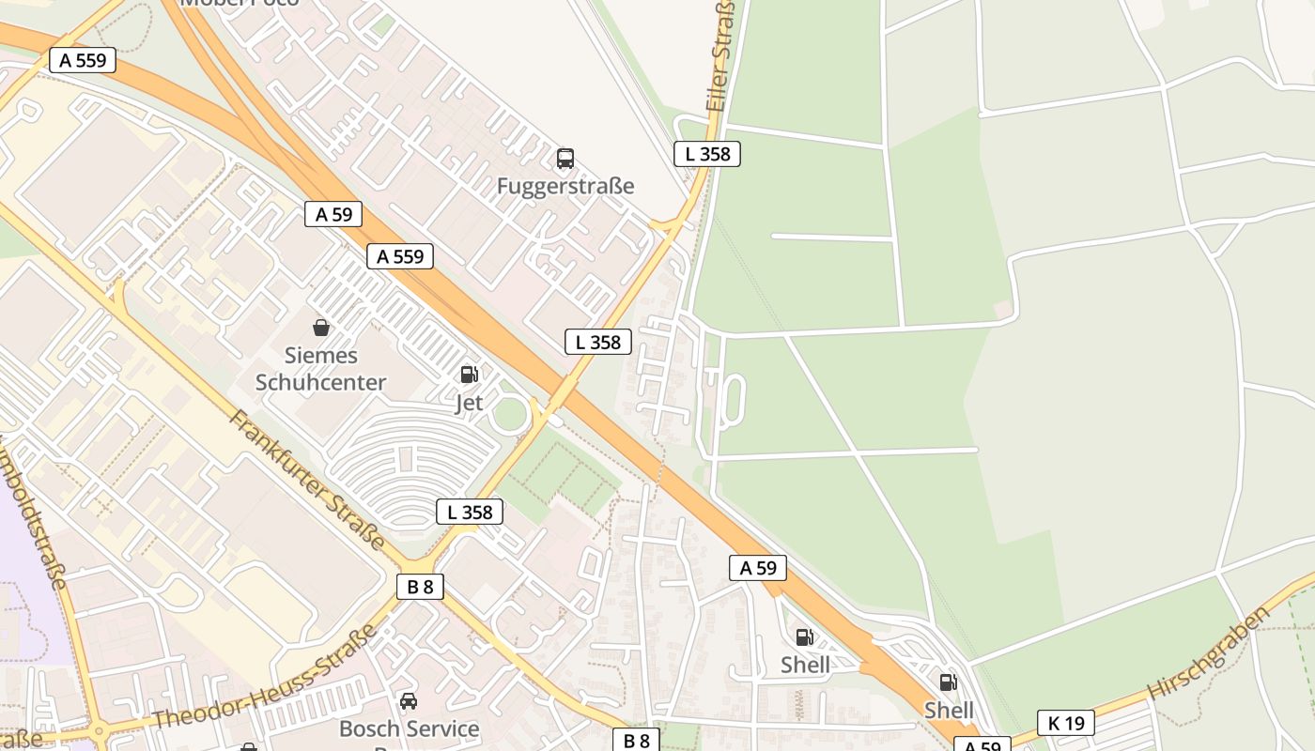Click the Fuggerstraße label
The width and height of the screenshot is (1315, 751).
coord(565,186)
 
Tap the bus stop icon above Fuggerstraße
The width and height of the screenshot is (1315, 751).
coord(565,158)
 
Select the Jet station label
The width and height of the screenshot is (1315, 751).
coord(469,403)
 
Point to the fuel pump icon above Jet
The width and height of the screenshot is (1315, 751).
coord(469,375)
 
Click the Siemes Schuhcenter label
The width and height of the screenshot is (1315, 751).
coord(321,369)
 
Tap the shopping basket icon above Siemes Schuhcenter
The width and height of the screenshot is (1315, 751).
coord(321,328)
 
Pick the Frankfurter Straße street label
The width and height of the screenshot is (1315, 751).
coord(307,480)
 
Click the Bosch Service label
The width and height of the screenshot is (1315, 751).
coord(409,728)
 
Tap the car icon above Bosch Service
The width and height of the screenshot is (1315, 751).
coord(409,701)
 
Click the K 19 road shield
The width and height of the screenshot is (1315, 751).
coord(1066,723)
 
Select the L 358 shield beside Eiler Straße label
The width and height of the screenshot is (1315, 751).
coord(707,154)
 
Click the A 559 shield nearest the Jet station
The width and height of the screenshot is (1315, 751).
coord(400,256)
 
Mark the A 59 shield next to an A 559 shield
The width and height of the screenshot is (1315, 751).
coord(333,214)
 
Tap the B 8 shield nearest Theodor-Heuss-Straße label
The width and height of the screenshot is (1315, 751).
coord(420,587)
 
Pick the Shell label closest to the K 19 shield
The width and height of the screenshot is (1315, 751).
coord(949,710)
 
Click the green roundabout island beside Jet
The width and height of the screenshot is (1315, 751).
coord(510,414)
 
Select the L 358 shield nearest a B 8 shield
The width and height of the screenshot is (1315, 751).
coord(470,512)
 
